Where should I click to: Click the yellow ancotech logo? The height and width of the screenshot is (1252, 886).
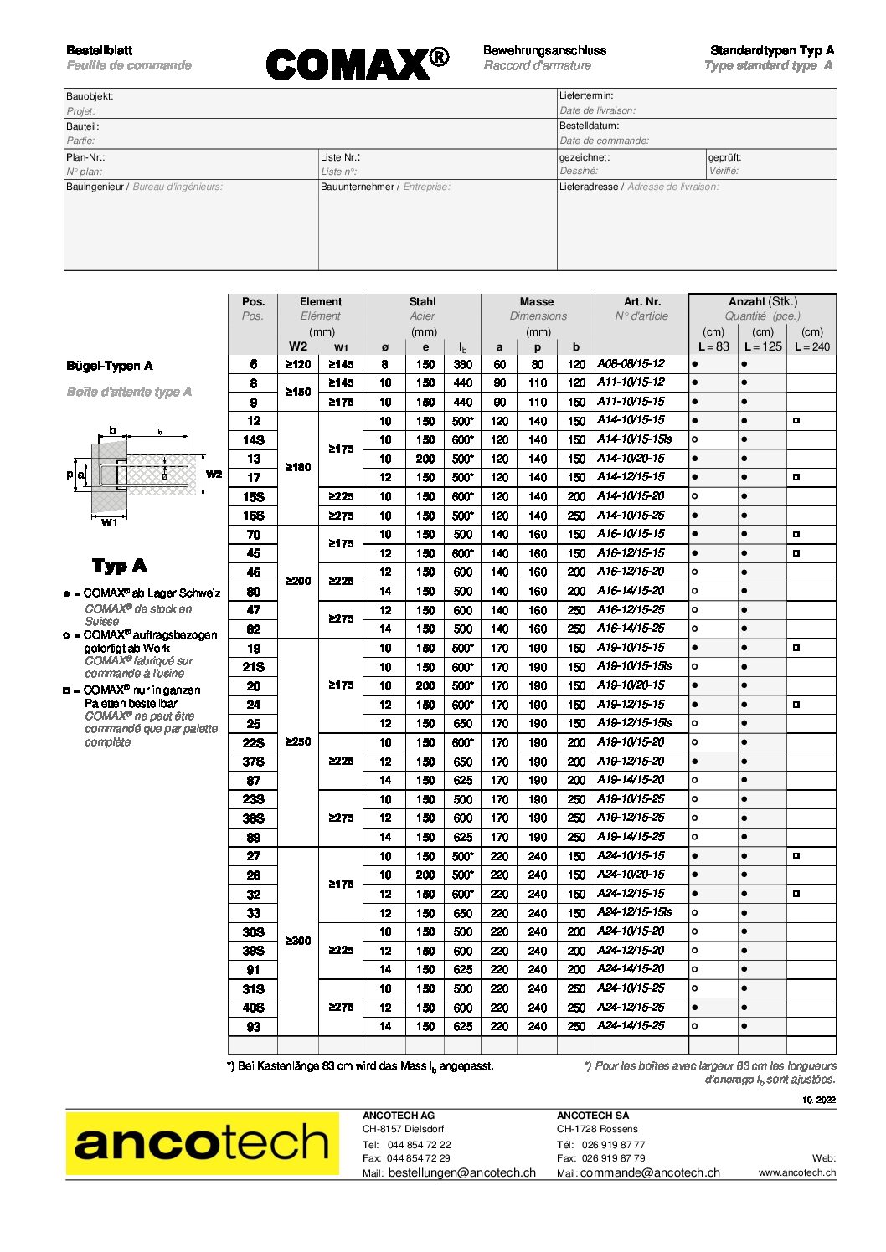point(202,1143)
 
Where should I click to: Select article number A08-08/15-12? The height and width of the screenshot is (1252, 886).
point(631,364)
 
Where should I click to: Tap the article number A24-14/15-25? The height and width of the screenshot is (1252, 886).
point(631,1026)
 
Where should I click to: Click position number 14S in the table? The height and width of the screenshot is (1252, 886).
point(254,440)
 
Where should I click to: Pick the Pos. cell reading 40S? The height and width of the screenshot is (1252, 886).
point(254,1008)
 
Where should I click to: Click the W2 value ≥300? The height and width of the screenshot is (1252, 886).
point(298,942)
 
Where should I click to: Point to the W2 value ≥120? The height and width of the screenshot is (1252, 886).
point(298,364)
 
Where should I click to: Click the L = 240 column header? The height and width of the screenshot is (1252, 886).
point(811,346)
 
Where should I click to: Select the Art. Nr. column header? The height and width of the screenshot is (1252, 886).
point(641,301)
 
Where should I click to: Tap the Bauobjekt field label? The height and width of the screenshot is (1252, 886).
point(90,96)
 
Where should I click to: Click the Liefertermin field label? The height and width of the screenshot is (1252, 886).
point(586,95)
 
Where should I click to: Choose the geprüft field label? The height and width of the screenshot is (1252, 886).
point(724,157)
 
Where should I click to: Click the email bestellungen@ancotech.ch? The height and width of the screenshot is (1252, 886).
point(462,1173)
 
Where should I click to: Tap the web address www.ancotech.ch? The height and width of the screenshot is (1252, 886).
point(797,1173)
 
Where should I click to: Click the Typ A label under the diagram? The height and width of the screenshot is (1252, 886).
point(119,566)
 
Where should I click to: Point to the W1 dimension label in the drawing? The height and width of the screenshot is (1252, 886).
point(110,523)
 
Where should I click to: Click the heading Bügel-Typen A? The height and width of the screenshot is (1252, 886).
point(110,366)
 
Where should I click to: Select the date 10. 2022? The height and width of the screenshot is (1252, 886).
point(819,1100)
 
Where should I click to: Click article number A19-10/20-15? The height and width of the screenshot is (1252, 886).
point(631,685)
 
